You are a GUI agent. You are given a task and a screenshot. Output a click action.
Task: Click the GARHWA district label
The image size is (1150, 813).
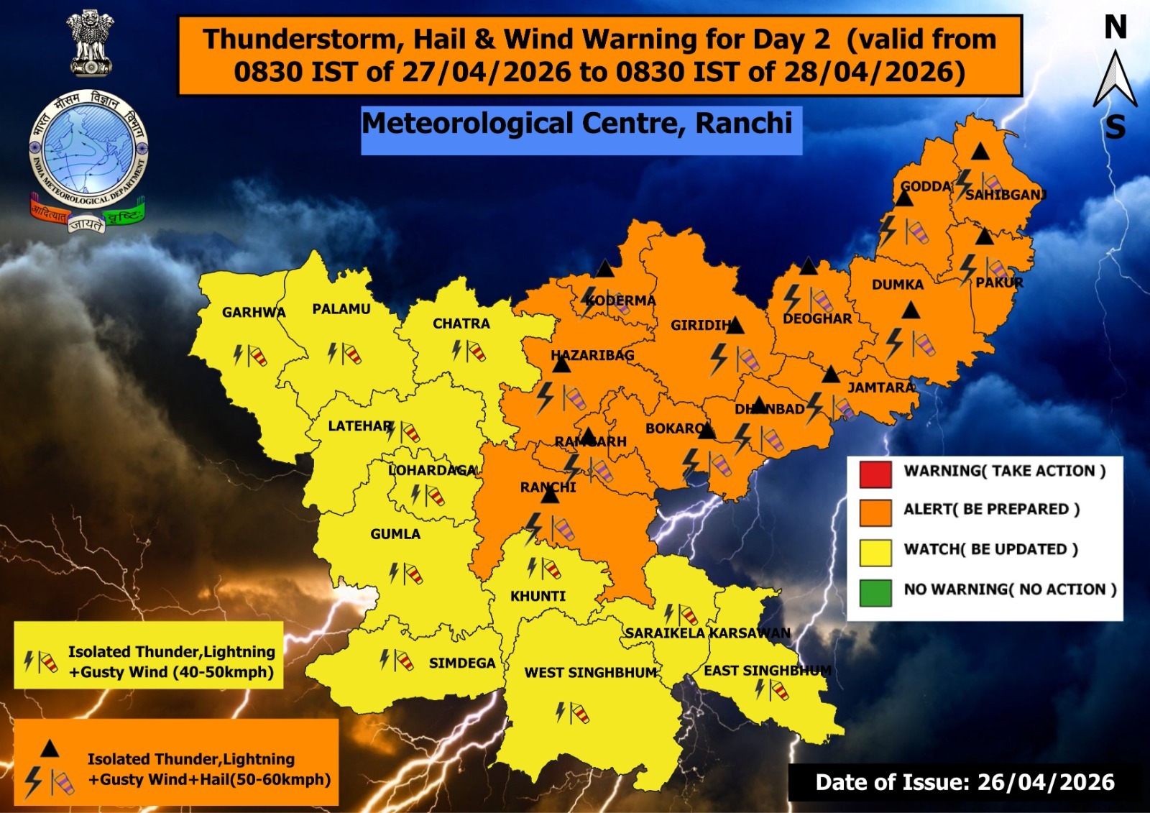coord(254,313)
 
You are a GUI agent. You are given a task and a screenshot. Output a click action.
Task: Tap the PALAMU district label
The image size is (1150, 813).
coord(341,309)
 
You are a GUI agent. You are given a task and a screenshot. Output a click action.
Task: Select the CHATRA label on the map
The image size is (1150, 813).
coord(461,323)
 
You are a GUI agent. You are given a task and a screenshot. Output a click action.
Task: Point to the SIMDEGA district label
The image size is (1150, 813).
coord(462,663)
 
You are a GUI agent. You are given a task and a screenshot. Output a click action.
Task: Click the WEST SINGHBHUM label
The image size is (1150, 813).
coord(590,673)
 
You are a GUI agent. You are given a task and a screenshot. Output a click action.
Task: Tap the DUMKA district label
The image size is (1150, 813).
coord(897,285)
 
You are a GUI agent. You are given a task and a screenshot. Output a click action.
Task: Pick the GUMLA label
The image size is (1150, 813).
coord(395,534)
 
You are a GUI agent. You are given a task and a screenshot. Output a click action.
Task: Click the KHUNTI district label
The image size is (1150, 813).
coord(538,596)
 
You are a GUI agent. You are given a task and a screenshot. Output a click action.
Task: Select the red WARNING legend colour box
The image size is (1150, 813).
coord(875,473)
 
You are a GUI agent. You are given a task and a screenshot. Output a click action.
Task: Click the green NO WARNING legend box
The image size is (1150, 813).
coord(875,592)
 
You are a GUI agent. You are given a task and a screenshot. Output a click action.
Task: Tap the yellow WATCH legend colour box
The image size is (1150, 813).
coord(875,552)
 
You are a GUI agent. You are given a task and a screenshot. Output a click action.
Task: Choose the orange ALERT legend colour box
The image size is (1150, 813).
coord(875,512)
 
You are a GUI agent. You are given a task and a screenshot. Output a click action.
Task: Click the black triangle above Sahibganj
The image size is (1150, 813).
coord(980,152)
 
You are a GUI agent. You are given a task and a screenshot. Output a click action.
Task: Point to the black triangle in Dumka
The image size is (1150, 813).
coord(911,311)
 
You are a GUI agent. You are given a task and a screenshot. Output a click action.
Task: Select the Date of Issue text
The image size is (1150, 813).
coord(965,782)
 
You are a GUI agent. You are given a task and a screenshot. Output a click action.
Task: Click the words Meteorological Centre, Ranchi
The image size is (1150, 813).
coord(577,124)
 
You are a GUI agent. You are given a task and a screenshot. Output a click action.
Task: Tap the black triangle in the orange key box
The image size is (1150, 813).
coord(50,749)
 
